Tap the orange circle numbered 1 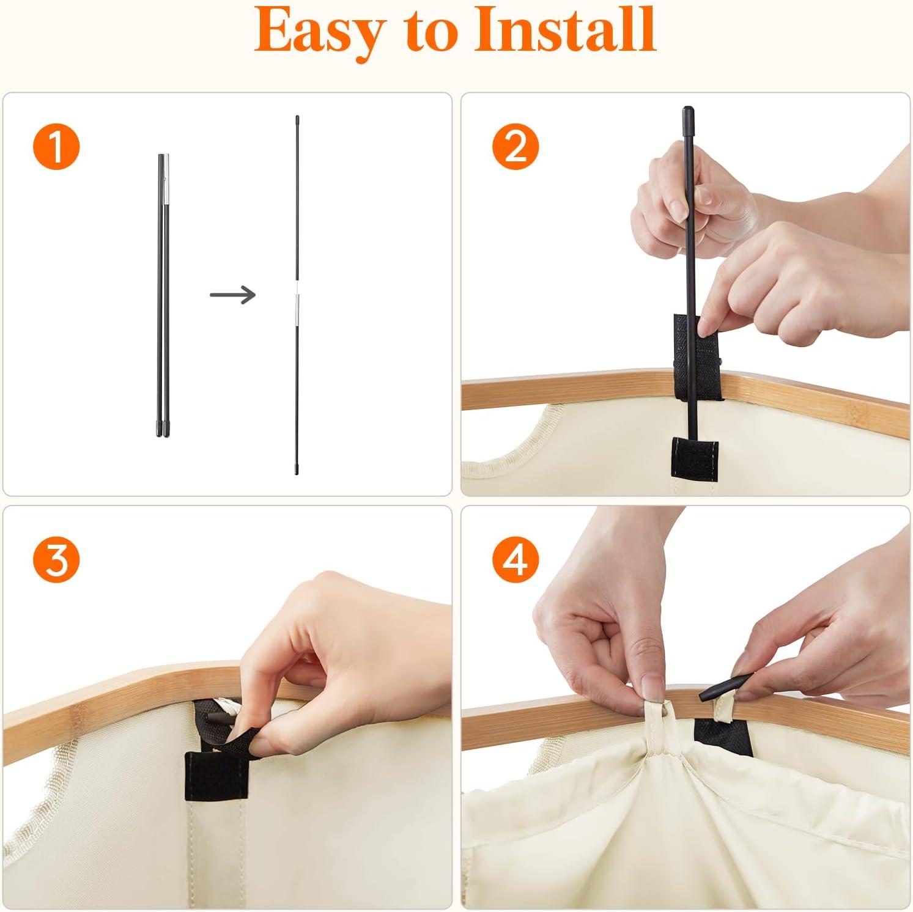tap(56, 147)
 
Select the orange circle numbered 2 tap(516, 147)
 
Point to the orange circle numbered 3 tap(56, 559)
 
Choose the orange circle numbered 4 tap(516, 559)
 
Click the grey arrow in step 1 tap(232, 295)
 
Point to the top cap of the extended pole tap(297, 119)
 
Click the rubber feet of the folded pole tap(163, 428)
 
